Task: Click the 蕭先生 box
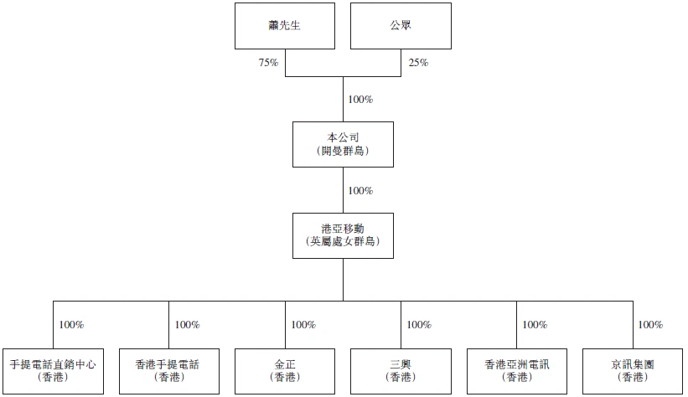(x=285, y=25)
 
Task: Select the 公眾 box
(x=400, y=25)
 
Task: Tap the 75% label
(x=268, y=62)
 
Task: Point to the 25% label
(x=418, y=62)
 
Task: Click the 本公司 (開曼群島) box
(x=343, y=143)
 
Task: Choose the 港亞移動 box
(x=343, y=235)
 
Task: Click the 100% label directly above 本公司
(x=360, y=100)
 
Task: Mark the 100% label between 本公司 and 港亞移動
(x=360, y=191)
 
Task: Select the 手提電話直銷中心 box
(x=53, y=370)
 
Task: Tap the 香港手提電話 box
(x=168, y=370)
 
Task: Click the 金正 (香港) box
(x=285, y=370)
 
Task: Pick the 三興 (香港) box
(x=401, y=370)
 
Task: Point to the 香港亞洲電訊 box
(x=516, y=370)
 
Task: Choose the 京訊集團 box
(x=632, y=370)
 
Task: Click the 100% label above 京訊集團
(x=650, y=325)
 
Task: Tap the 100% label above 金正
(x=303, y=325)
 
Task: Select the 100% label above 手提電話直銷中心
(x=70, y=325)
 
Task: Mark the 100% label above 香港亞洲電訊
(x=535, y=325)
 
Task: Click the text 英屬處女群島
(x=343, y=242)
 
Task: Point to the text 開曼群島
(x=343, y=151)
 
